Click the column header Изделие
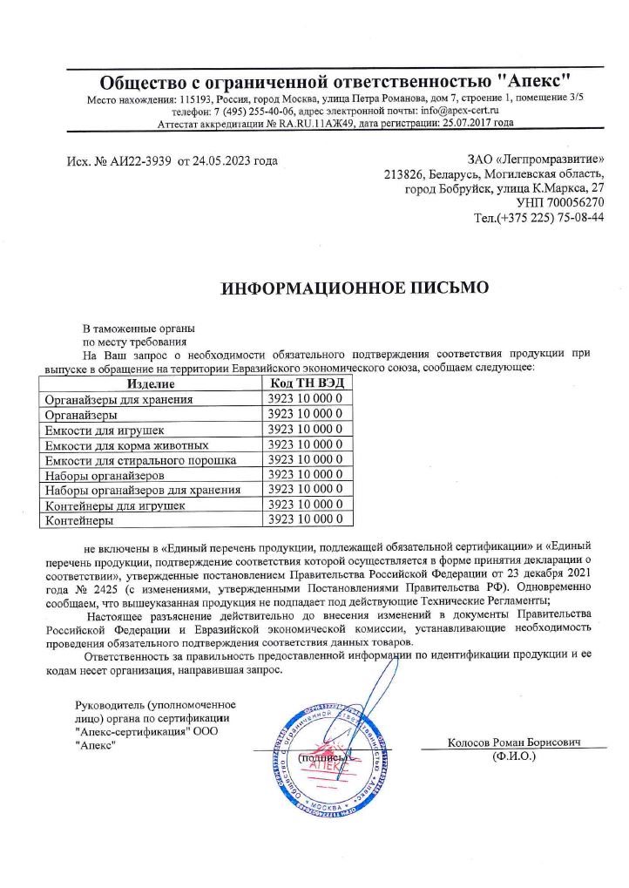(151, 384)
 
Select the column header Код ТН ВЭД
(308, 384)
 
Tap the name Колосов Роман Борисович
(514, 742)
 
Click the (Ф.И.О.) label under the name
(514, 756)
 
